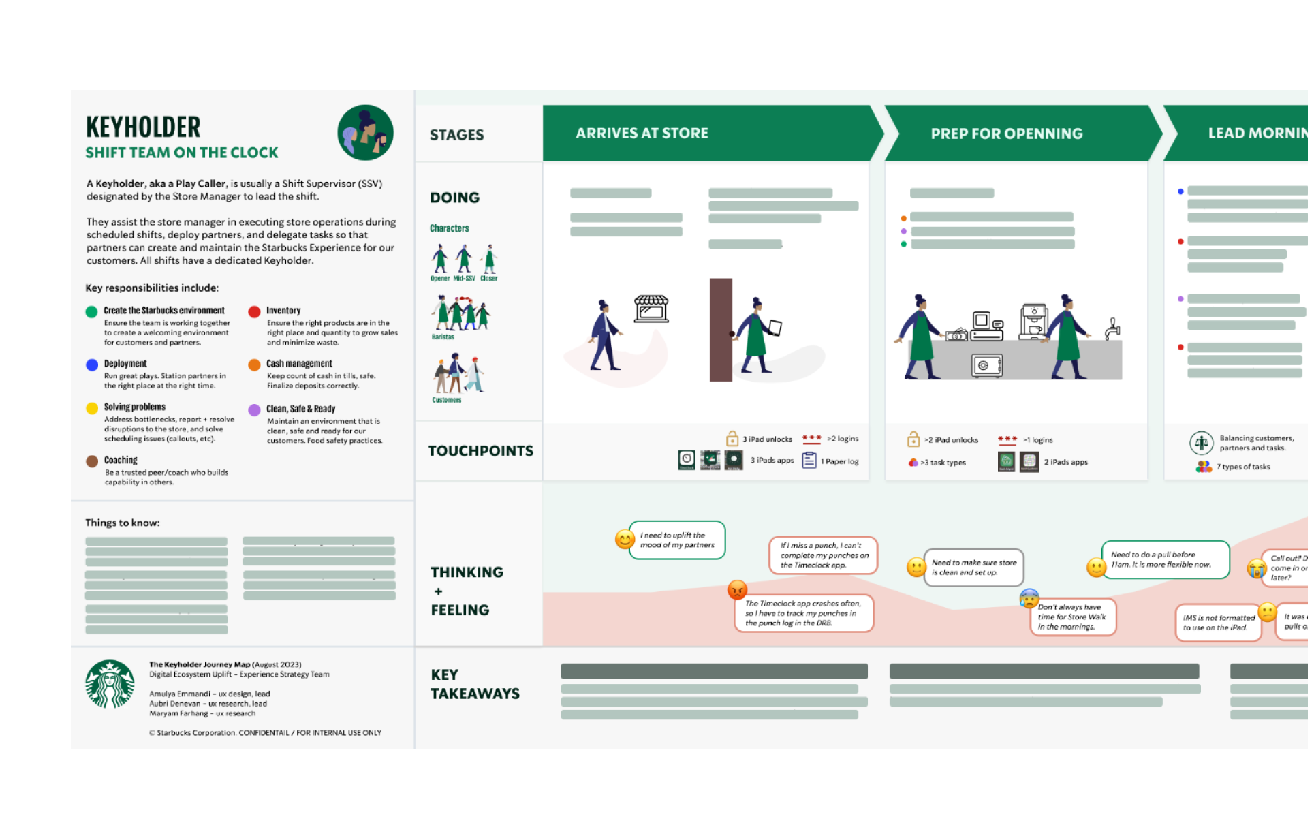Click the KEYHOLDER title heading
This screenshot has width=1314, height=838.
(x=144, y=128)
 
